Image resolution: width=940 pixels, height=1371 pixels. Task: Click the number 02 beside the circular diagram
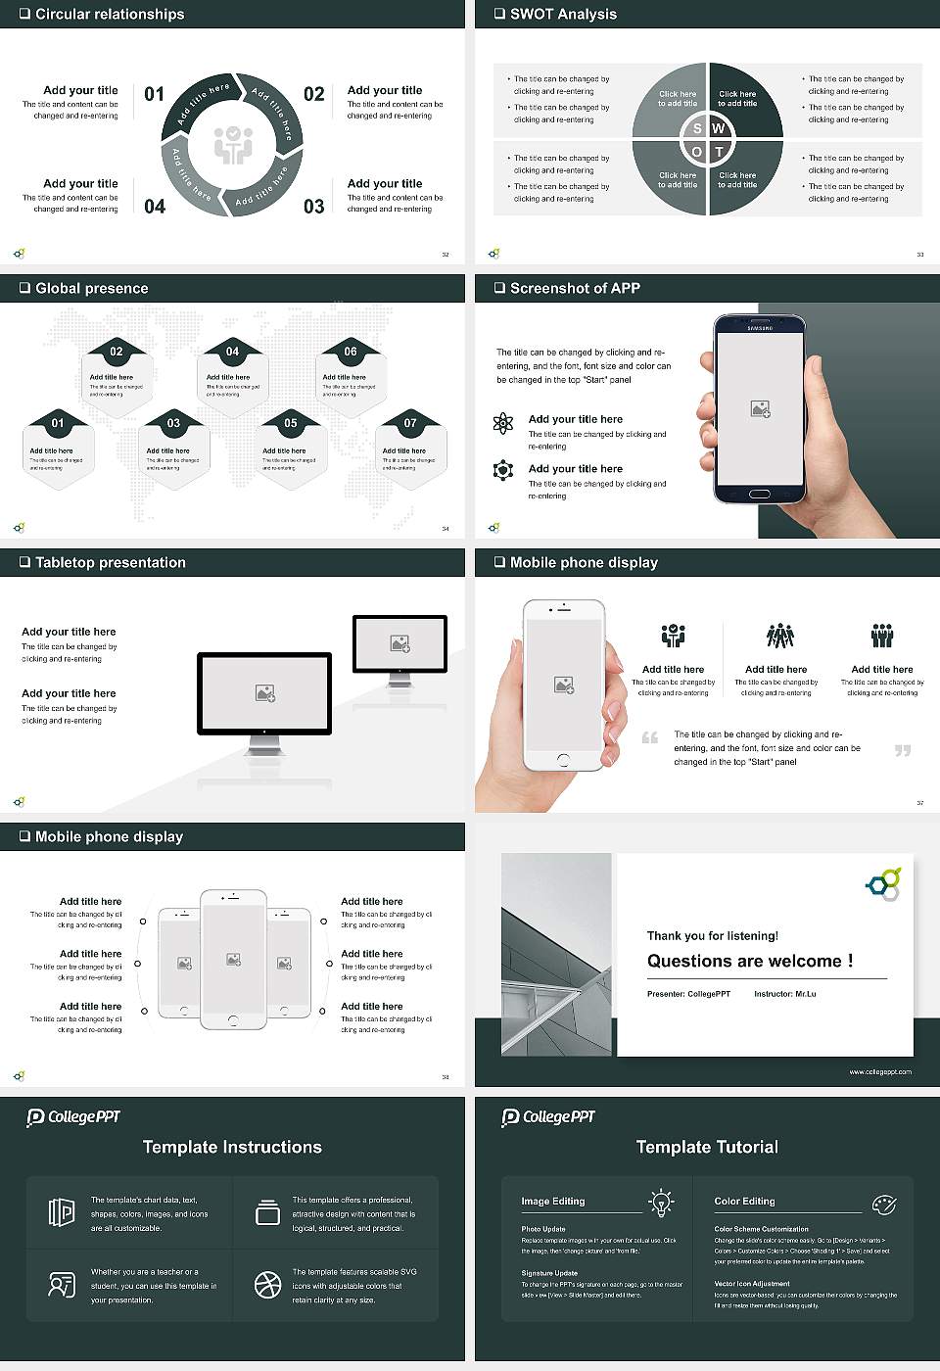coord(313,94)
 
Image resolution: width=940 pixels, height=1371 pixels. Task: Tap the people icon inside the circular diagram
coord(233,145)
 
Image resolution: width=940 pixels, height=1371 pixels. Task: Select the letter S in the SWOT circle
coord(697,128)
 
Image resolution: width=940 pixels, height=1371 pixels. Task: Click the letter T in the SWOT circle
coord(719,152)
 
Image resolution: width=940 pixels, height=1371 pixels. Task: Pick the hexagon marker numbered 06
coord(351,352)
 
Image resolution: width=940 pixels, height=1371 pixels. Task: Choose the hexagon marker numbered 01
coord(58,423)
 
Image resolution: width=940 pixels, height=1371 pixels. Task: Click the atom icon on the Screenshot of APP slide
coord(503,423)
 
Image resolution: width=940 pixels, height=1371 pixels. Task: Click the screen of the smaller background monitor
coord(399,643)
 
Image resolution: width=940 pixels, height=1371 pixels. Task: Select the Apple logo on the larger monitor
coord(264,731)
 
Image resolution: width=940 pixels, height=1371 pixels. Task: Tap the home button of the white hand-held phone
coord(563,760)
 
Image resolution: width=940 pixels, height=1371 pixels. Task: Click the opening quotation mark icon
coord(650,737)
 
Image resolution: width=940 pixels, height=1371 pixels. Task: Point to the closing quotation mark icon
coord(903,750)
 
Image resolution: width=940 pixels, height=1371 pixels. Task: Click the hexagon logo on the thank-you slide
coord(884,883)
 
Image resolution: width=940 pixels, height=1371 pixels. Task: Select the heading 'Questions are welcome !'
coord(750,961)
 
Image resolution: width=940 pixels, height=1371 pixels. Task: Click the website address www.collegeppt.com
coord(879,1071)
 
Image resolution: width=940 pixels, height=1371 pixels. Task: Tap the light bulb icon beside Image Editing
coord(661,1202)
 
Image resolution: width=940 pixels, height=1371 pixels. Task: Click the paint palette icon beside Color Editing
coord(883,1204)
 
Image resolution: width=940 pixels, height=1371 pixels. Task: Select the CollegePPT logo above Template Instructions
coord(73,1117)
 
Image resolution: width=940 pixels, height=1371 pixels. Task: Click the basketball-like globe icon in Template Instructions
coord(267,1285)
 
